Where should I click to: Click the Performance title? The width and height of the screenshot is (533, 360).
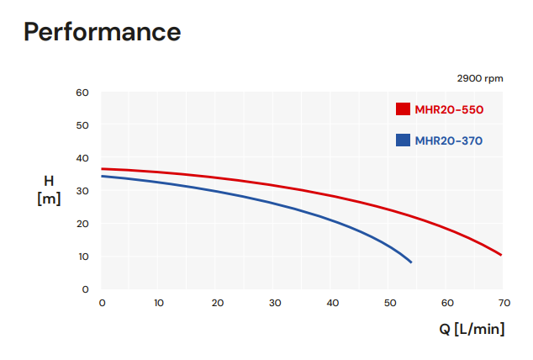pos(103,32)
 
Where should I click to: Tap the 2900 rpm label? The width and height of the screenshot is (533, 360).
pos(480,78)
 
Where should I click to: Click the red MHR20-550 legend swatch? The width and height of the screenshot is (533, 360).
pos(403,109)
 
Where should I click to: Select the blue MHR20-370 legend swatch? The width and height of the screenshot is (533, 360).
pos(403,140)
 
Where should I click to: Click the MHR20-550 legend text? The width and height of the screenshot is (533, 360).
pos(449,109)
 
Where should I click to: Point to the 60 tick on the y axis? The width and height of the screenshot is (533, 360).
pos(82,93)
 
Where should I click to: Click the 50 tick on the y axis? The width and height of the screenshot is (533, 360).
pos(82,125)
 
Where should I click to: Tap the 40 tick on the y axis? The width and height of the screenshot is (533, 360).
pos(82,158)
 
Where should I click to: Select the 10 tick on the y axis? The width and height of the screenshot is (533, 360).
pos(82,257)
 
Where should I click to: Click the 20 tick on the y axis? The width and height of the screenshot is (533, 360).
pos(82,224)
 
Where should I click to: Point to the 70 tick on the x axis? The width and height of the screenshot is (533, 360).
pos(505,303)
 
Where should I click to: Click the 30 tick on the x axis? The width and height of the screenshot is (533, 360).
pos(275,303)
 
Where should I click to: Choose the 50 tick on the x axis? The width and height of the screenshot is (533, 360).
pos(390,303)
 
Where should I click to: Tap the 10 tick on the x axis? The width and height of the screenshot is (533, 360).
pos(160,303)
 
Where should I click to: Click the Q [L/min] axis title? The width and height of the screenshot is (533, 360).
pos(472,328)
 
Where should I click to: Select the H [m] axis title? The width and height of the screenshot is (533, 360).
pos(49,190)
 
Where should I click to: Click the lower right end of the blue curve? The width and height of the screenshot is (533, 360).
pos(411,262)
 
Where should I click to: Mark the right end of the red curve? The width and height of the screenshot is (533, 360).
pos(502,255)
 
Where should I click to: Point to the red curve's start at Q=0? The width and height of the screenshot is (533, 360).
pos(102,169)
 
